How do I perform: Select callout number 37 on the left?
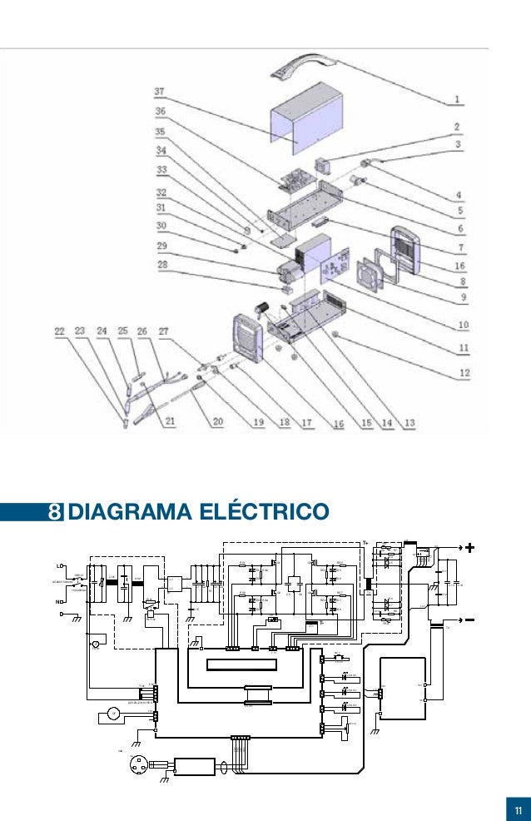point(158,90)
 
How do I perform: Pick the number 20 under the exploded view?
point(218,422)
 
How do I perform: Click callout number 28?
point(161,264)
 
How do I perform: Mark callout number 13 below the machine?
point(408,422)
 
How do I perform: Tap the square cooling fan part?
point(372,276)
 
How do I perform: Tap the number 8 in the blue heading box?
point(54,510)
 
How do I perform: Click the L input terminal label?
point(59,566)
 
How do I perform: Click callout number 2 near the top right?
point(457,127)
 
